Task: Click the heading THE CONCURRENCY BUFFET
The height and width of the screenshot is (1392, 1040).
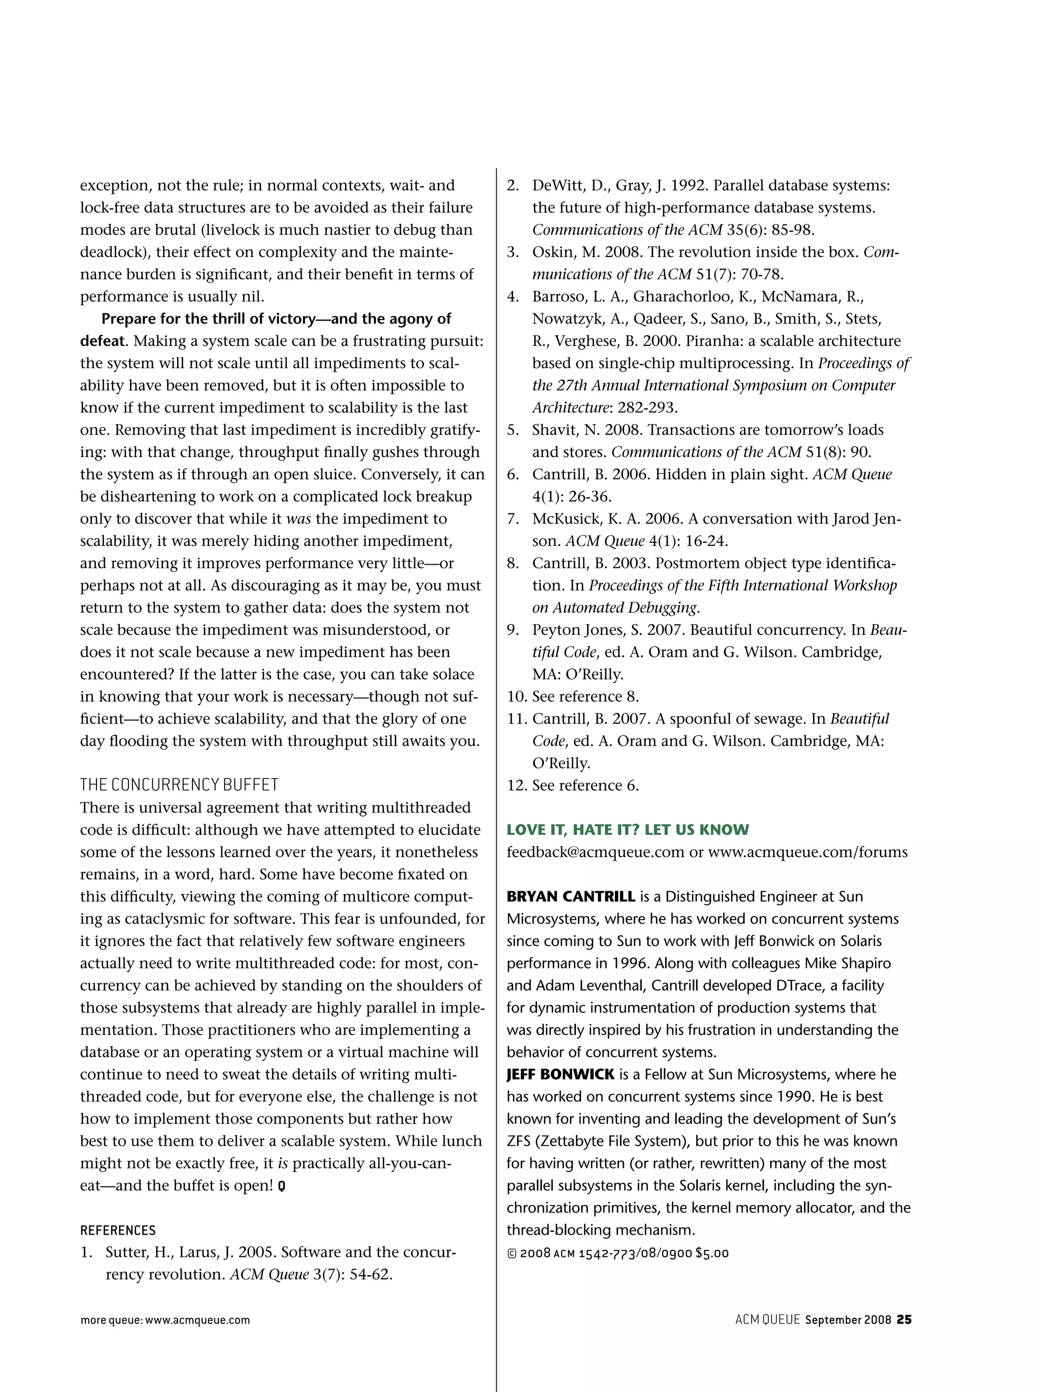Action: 179,785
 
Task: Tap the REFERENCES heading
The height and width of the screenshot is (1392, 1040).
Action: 118,1231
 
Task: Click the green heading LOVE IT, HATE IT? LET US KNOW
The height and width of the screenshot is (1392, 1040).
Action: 627,829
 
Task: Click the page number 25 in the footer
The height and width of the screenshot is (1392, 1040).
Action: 903,1319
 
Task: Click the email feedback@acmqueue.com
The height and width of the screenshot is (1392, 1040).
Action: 595,852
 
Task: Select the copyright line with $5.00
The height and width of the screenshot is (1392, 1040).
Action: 617,1253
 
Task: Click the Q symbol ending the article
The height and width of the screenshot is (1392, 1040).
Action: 281,1186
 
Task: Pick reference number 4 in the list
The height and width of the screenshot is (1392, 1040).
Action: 513,297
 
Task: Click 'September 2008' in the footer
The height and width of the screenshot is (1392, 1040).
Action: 848,1319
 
